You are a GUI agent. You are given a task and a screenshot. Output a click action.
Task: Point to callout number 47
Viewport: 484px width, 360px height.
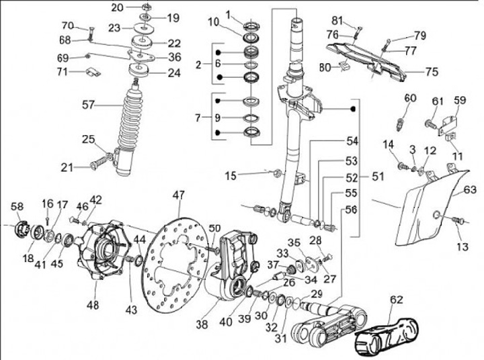(x=177, y=195)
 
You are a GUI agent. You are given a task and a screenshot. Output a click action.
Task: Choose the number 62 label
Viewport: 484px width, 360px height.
(x=397, y=300)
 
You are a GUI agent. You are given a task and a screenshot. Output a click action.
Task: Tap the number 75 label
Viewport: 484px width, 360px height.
(x=431, y=70)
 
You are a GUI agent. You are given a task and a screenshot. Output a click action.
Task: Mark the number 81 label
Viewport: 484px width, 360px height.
(x=356, y=20)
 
